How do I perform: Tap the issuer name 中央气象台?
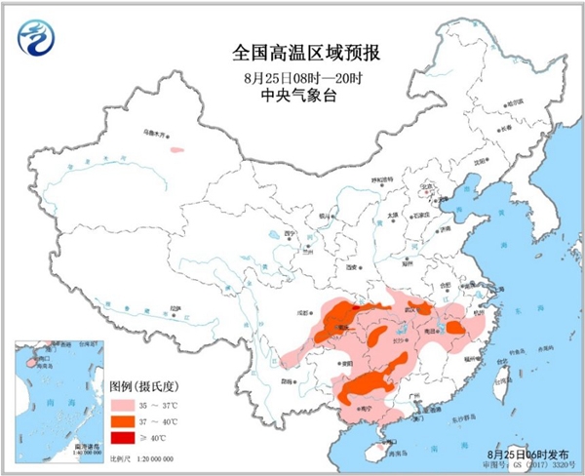pos(292,96)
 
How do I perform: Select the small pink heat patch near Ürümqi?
pos(176,150)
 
